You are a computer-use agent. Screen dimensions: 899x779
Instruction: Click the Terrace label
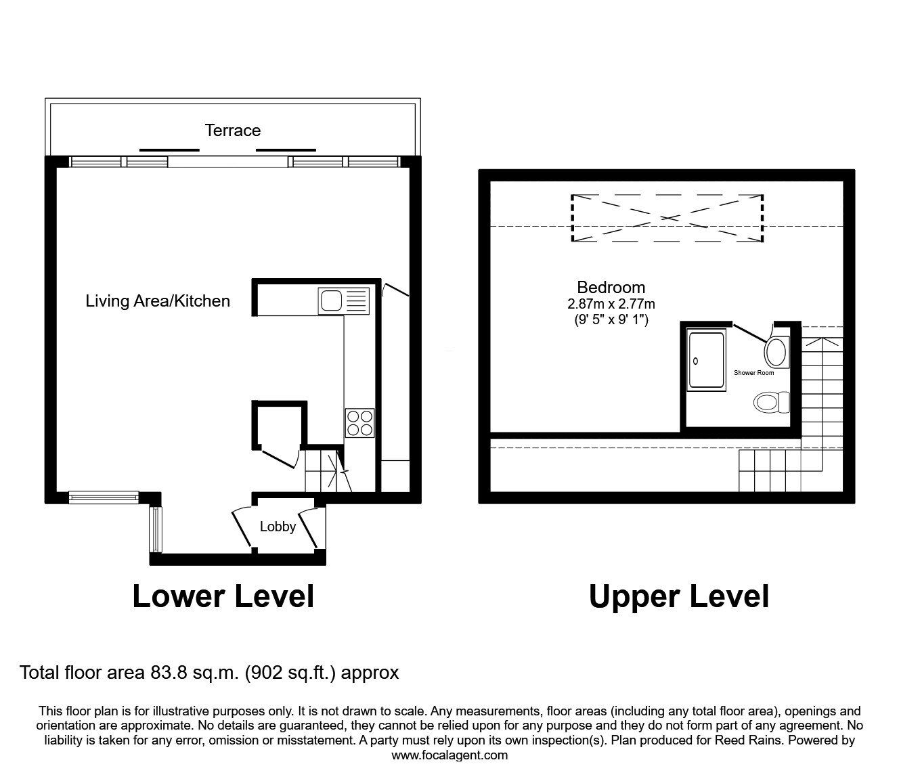233,131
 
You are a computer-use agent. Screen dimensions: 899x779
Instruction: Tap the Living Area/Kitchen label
158,301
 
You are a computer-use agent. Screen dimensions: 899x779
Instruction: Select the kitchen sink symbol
344,301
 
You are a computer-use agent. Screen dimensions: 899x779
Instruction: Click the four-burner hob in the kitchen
359,423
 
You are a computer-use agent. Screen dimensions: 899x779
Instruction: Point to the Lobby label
278,527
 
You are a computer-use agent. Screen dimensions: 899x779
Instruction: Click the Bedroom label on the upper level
611,288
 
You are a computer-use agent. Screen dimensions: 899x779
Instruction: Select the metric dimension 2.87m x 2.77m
611,304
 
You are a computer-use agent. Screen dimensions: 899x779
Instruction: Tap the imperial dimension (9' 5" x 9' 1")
611,320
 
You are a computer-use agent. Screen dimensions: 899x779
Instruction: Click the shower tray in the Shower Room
706,359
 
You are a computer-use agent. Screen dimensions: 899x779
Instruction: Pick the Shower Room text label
753,373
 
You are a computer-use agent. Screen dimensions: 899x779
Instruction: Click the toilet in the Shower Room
772,402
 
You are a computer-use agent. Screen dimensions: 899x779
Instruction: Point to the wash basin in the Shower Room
776,351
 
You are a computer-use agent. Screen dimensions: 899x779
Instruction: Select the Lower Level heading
223,597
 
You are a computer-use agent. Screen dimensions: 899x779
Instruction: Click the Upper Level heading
679,598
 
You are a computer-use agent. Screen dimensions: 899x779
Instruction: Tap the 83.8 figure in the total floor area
169,673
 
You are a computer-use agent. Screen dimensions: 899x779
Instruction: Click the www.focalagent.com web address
449,755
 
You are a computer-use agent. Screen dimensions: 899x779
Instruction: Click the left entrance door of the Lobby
242,528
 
